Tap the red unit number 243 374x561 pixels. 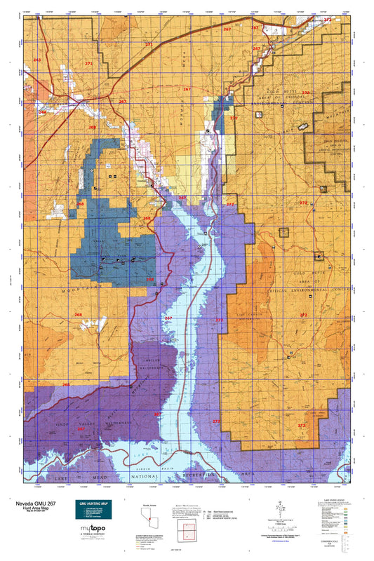(37, 60)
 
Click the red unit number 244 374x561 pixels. (42, 112)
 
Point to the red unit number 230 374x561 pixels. (305, 93)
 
